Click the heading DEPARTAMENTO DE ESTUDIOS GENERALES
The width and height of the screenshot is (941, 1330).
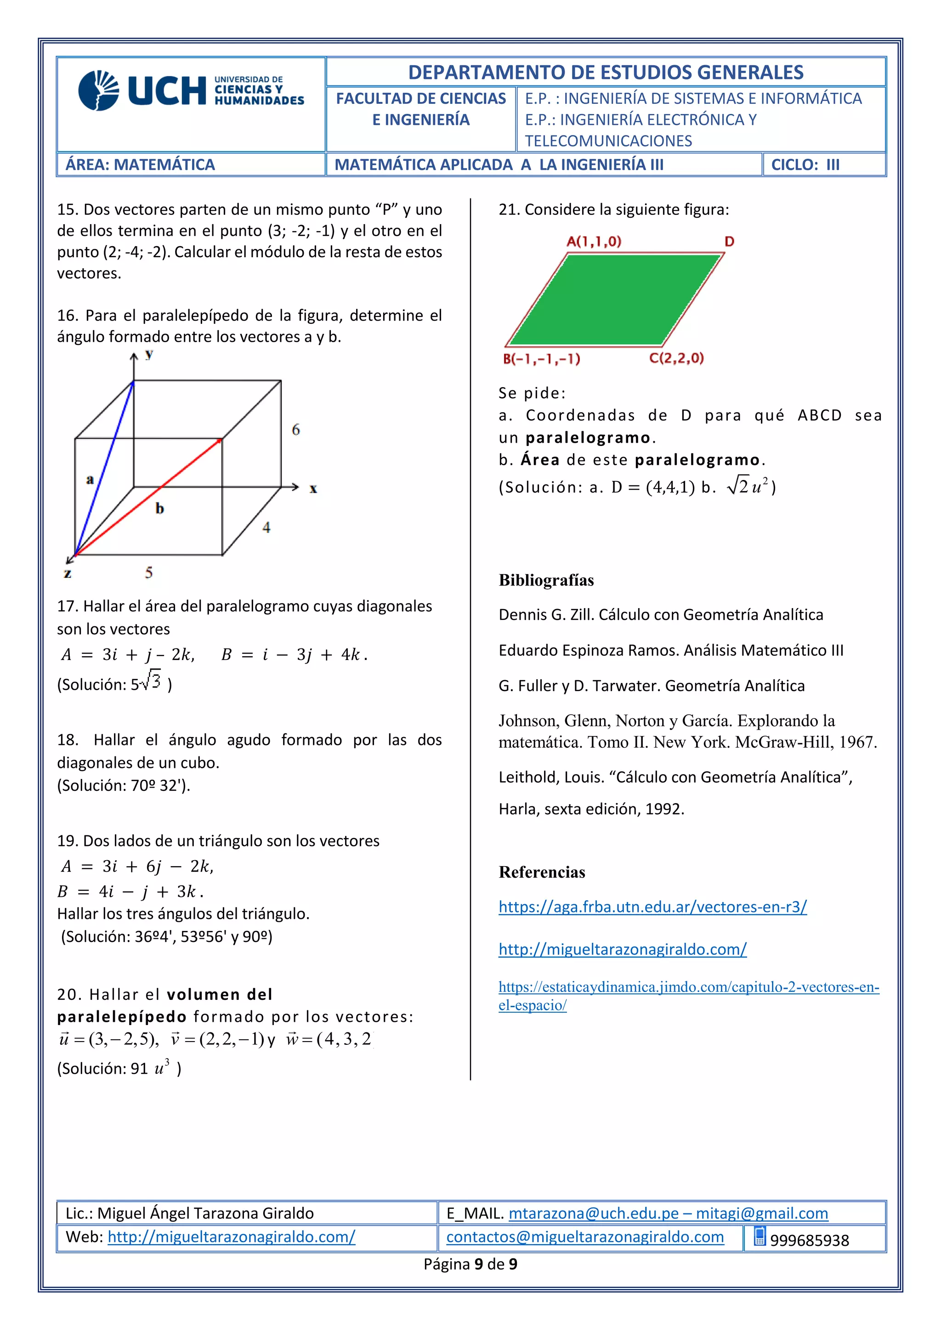606,73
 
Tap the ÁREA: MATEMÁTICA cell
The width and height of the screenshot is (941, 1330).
140,165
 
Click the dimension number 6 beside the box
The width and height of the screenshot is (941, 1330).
296,429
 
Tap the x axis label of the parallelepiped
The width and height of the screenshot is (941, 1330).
313,489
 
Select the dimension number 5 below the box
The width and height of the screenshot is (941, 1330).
149,572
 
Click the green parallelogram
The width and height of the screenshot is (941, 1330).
614,299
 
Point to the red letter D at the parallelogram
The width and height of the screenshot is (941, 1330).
730,242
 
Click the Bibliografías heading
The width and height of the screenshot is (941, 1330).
546,580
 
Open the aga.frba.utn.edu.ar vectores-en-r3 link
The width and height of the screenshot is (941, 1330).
652,907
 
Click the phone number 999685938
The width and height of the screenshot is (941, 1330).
810,1240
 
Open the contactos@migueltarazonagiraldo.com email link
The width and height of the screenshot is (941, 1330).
584,1237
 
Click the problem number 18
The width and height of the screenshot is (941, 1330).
67,740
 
